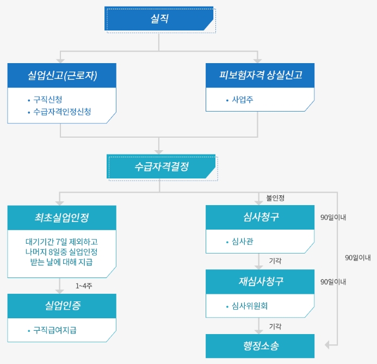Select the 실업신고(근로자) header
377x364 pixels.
(x=62, y=76)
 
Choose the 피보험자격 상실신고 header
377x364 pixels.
(x=260, y=76)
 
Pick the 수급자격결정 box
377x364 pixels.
(x=161, y=167)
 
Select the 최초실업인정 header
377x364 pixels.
(x=62, y=218)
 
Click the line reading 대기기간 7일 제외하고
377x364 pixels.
(x=61, y=242)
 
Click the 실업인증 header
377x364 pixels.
(x=62, y=306)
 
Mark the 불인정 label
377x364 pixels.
(x=275, y=198)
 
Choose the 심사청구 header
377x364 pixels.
(x=261, y=218)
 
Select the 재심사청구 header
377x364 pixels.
(x=261, y=281)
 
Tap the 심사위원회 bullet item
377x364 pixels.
(x=250, y=306)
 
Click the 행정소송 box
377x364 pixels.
(x=260, y=346)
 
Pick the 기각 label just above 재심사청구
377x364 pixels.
(x=275, y=261)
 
